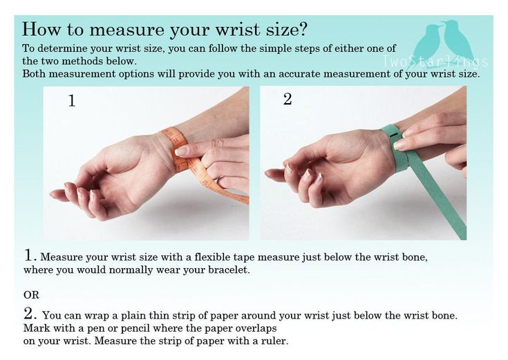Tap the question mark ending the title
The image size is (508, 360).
(303, 30)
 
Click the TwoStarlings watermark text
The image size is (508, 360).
(436, 61)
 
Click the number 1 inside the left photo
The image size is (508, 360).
(71, 102)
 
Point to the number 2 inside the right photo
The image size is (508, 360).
(288, 99)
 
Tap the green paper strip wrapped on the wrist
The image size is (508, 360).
(397, 149)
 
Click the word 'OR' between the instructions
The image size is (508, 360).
(31, 294)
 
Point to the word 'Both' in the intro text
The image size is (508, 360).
(34, 73)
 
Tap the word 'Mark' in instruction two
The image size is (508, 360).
(35, 328)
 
